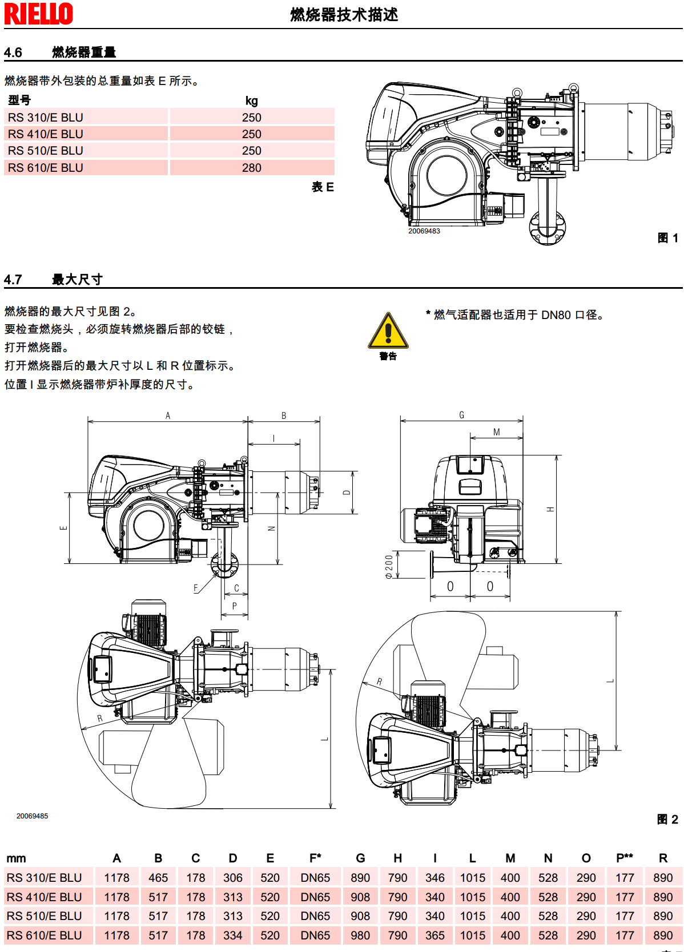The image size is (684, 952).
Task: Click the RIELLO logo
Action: [39, 14]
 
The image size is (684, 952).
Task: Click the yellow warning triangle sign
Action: [388, 332]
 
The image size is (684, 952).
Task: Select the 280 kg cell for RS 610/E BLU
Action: [251, 168]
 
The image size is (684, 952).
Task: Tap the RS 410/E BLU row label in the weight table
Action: [46, 134]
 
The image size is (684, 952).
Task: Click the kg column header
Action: [251, 101]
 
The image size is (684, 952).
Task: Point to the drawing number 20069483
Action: [424, 231]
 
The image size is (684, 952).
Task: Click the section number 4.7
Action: [13, 280]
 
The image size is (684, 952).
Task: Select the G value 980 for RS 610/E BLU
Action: [360, 935]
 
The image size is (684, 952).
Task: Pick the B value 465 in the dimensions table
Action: [158, 878]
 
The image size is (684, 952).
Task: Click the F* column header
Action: [315, 858]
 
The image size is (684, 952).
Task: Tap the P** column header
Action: [625, 858]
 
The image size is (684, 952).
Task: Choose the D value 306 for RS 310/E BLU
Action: [233, 878]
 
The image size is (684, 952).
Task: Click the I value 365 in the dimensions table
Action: [435, 935]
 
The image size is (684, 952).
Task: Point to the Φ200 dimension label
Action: [389, 567]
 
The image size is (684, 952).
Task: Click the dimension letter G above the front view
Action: [462, 415]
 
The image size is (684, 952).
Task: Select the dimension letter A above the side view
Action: [168, 416]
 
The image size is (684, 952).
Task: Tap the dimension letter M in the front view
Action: [497, 432]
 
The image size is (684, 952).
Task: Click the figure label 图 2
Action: [667, 820]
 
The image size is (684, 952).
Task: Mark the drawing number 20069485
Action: [32, 816]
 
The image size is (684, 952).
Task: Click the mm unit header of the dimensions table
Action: [16, 858]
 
